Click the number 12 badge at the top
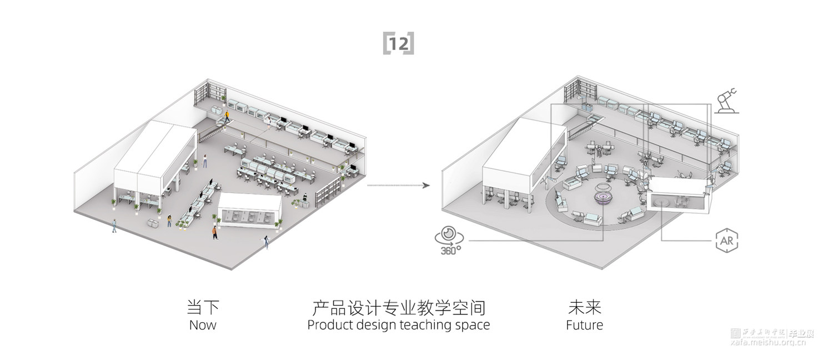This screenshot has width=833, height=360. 398,44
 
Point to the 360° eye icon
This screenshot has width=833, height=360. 449,237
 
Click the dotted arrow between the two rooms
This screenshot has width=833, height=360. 398,185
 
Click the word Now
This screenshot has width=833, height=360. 203,325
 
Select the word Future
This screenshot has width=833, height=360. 584,325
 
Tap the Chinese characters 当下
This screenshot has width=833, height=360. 203,307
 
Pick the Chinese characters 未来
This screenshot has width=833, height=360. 584,307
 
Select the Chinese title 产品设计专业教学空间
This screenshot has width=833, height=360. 398,307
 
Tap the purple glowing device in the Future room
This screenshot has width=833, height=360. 604,197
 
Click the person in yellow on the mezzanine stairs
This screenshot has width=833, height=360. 227,116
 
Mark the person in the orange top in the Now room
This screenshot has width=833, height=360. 214,232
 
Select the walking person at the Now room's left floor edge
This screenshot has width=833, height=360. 114,226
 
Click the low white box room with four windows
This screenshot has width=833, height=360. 249,211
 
